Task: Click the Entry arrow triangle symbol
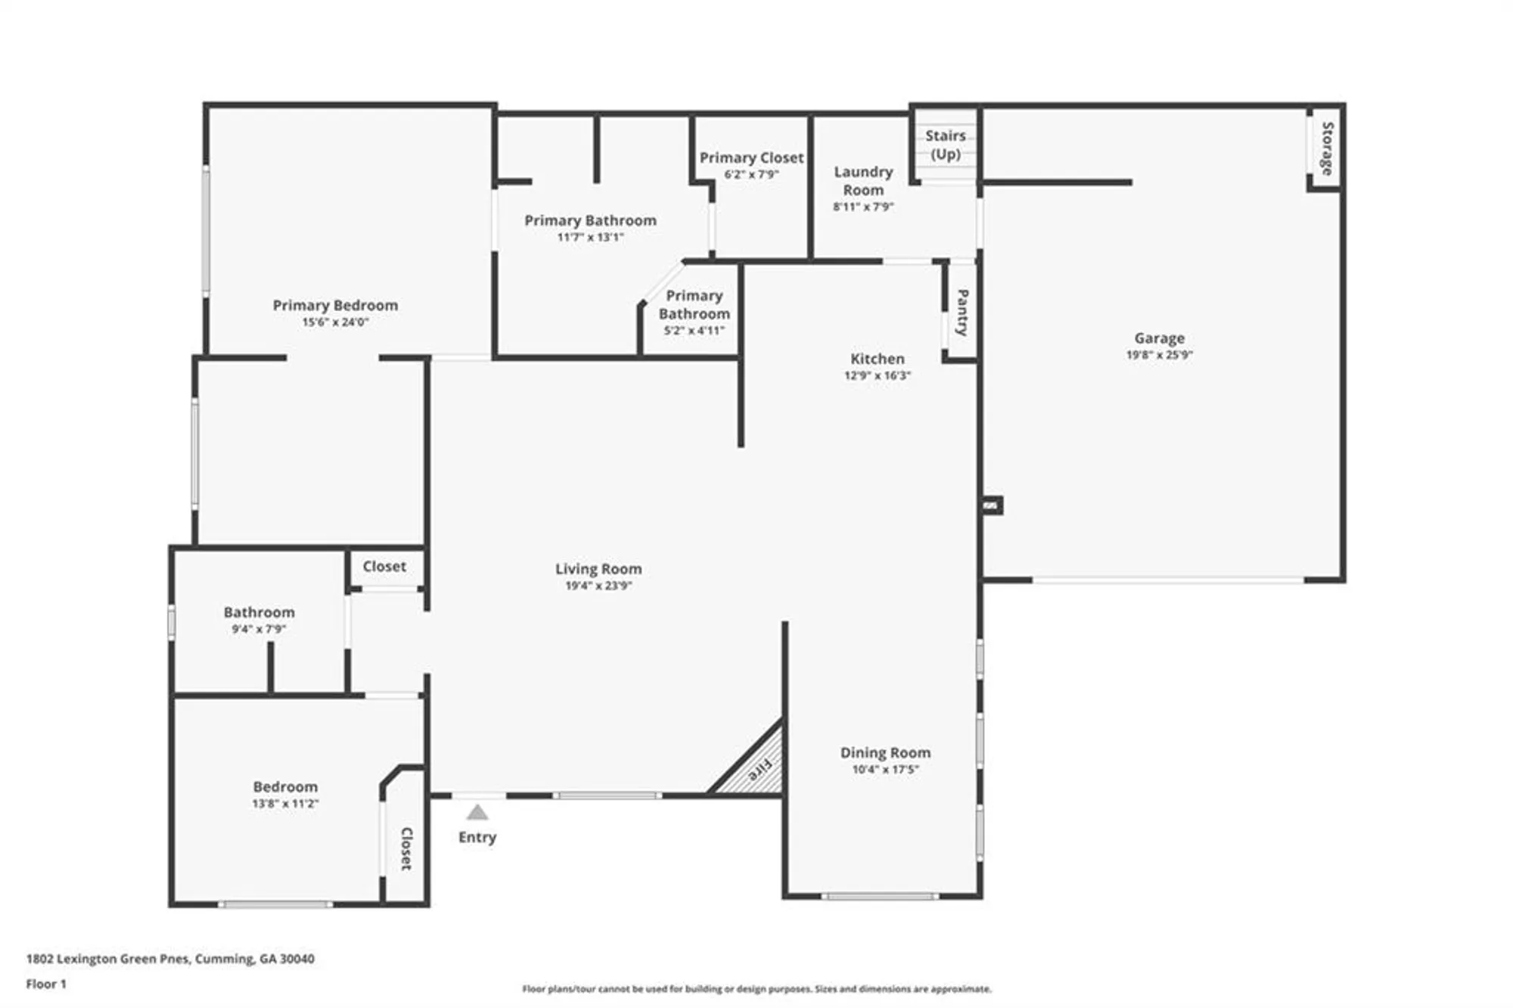coord(477,813)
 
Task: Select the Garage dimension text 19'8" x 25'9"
coord(1159,354)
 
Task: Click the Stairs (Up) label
coord(945,145)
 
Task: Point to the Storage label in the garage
coord(1327,148)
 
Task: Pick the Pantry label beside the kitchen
coord(962,312)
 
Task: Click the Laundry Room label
coord(863,181)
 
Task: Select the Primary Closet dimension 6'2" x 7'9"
coord(751,174)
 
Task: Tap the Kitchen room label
coord(877,359)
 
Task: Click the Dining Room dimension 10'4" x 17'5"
coord(885,770)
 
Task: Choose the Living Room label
coord(598,568)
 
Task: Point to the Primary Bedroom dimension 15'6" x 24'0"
coord(335,322)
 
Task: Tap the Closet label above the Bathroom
coord(384,566)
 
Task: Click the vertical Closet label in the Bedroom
coord(406,848)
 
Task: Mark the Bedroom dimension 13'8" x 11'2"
coord(285,804)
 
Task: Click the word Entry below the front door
coord(477,837)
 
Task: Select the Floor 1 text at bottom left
coord(46,984)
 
